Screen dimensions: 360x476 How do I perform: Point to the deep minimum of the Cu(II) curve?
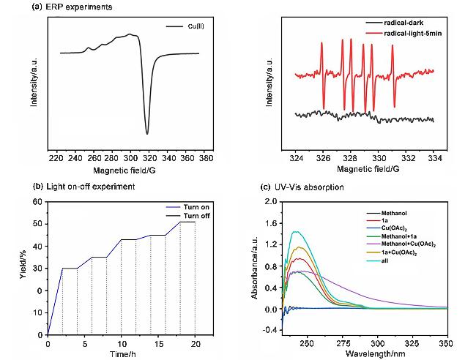tap(147, 133)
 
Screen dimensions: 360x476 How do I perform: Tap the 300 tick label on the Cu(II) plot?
tap(130, 157)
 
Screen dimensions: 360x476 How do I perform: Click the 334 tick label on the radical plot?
tap(434, 157)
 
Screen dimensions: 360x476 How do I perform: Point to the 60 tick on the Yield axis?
tap(39, 202)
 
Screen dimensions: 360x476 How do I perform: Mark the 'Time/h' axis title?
tap(121, 354)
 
